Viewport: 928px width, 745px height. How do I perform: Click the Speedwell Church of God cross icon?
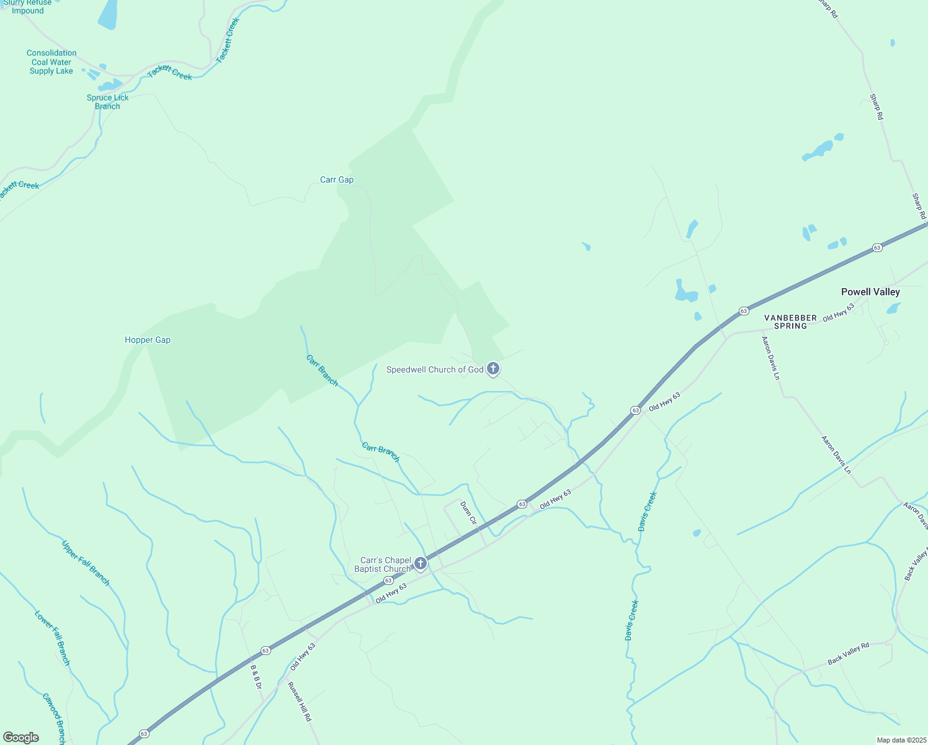coord(493,369)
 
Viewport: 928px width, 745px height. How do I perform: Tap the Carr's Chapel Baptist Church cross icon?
coord(421,564)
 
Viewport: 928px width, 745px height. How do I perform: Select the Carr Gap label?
coord(337,180)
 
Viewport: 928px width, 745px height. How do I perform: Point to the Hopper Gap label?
coord(148,340)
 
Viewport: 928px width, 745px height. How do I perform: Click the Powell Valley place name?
coord(870,292)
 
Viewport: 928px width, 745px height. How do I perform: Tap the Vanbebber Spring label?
coord(790,322)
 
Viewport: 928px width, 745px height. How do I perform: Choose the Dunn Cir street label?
coord(468,513)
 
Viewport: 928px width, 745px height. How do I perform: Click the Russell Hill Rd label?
coord(300,702)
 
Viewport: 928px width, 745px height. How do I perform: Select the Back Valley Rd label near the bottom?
coord(849,654)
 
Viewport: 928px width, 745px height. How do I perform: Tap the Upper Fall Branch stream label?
coord(86,563)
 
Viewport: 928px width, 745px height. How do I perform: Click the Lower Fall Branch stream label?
coord(53,638)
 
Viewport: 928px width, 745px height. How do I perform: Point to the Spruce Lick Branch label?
coord(108,102)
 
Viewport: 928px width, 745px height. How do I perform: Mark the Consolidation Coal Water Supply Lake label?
coord(51,62)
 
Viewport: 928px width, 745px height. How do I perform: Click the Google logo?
coord(20,738)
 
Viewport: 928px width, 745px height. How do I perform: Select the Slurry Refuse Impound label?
coord(28,7)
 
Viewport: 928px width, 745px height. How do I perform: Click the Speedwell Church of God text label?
coord(435,370)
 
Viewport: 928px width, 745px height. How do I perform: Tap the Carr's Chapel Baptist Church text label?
coord(383,565)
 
